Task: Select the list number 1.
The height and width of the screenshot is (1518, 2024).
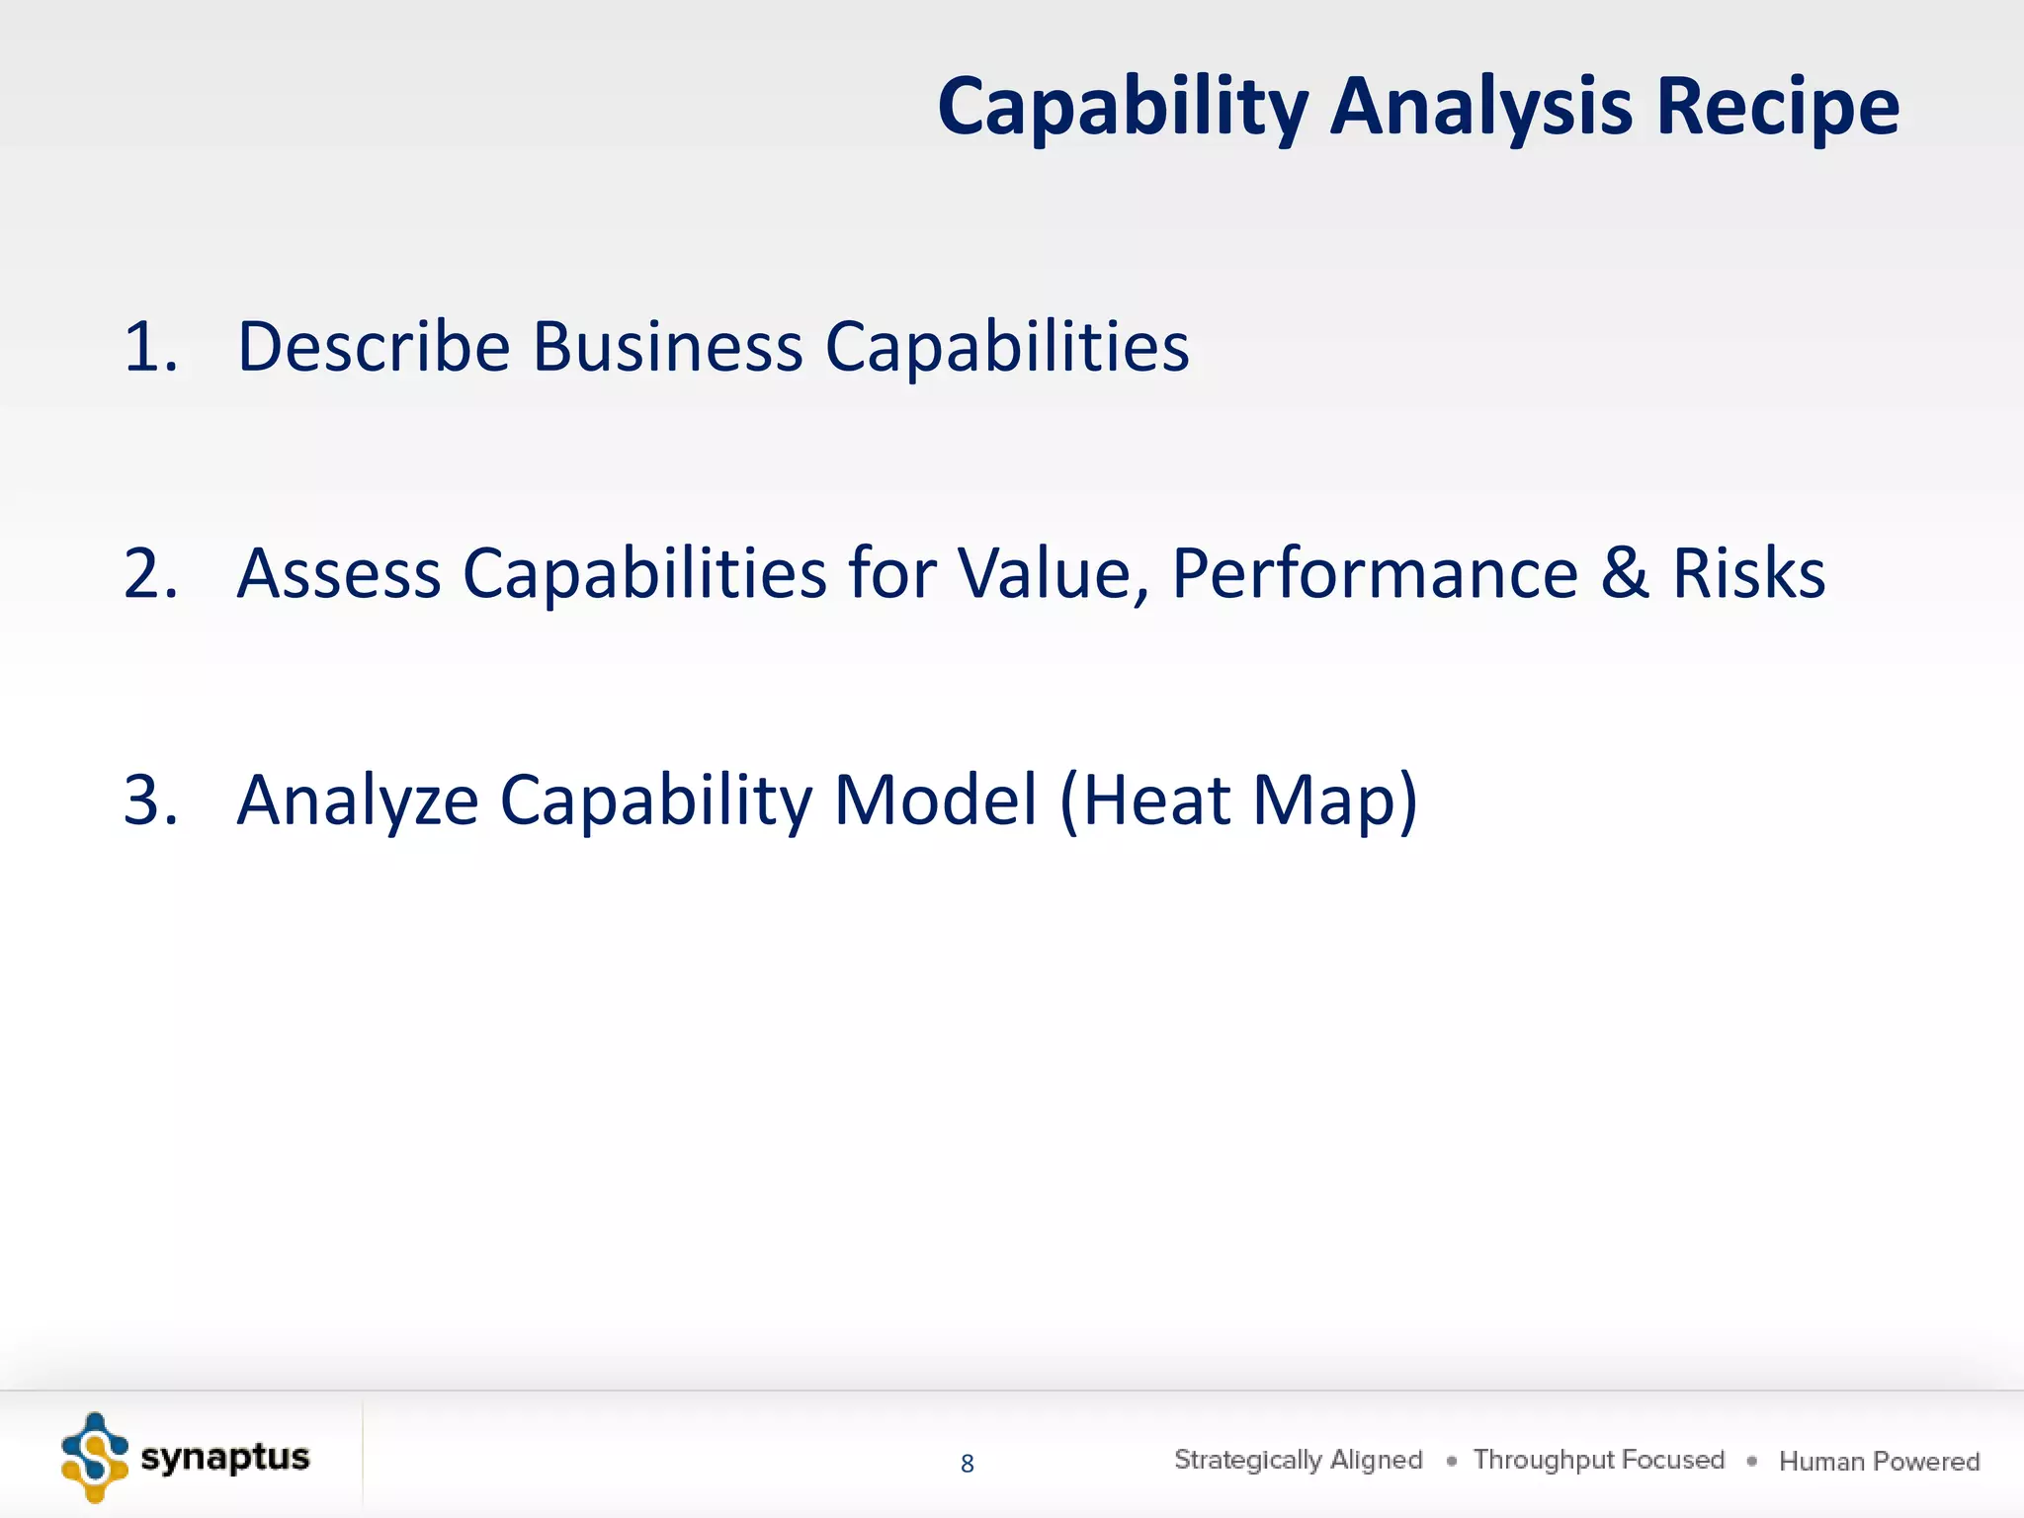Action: point(150,348)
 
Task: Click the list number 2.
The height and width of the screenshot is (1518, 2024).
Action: point(150,574)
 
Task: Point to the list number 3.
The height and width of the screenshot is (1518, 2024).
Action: point(150,801)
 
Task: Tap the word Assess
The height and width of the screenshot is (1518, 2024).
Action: point(339,574)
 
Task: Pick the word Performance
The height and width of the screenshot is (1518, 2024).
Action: point(1375,574)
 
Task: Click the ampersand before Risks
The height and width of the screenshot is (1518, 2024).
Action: point(1625,574)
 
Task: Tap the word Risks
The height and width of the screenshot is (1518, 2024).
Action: point(1748,574)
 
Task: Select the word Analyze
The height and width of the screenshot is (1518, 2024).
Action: point(358,801)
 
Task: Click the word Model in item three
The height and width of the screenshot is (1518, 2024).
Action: point(935,801)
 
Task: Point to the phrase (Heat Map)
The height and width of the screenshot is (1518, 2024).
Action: point(1238,801)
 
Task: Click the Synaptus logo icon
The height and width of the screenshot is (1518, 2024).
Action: point(95,1458)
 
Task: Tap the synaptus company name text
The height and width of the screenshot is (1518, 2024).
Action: point(225,1458)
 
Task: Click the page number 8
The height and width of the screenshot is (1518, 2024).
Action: point(967,1464)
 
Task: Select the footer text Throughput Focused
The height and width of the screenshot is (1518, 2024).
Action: point(1598,1460)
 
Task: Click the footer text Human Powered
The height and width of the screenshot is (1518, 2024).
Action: point(1879,1461)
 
